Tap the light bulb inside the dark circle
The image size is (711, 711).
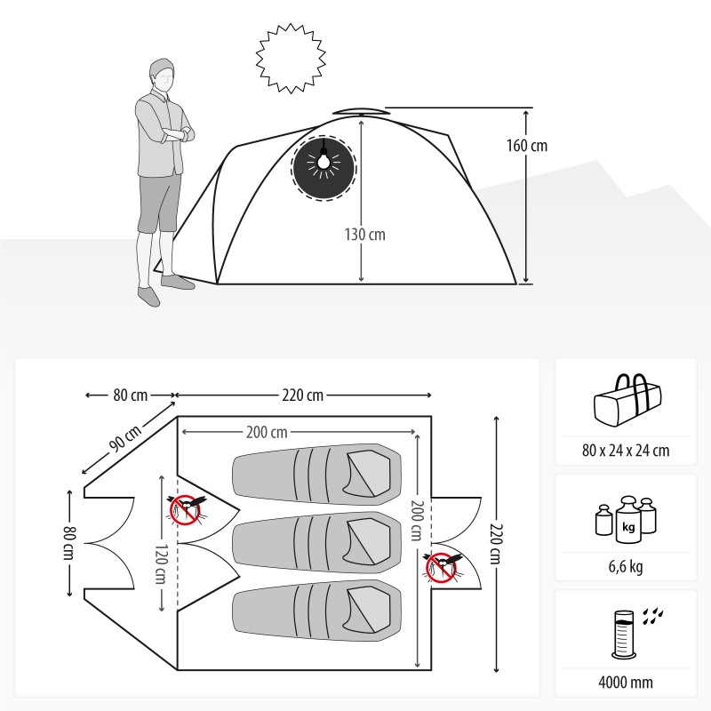(324, 163)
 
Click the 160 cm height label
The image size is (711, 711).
(526, 146)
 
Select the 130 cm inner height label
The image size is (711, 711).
(365, 235)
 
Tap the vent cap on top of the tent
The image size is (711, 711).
(361, 112)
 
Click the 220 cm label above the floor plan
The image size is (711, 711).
(302, 395)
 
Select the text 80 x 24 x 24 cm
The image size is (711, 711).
(626, 451)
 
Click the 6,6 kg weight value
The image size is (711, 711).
(626, 566)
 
